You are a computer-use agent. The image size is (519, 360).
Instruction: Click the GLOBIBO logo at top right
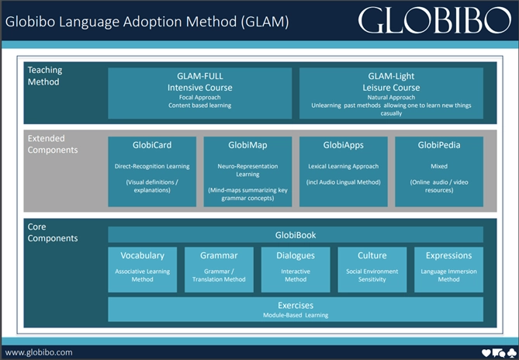[434, 20]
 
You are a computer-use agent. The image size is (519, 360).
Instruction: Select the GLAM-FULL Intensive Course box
[200, 92]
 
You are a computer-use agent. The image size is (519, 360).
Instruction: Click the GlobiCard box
[152, 171]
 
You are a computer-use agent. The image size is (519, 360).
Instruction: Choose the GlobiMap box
[247, 171]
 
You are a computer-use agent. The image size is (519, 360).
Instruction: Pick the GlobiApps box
[343, 171]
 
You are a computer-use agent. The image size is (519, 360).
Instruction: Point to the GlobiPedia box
[438, 171]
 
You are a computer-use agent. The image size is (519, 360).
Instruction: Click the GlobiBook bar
[295, 234]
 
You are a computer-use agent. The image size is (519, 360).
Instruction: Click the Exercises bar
[295, 309]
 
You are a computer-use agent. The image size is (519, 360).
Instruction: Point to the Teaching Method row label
[45, 75]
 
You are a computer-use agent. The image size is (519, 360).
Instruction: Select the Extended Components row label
[53, 144]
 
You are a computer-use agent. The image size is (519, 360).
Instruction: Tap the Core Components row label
[53, 232]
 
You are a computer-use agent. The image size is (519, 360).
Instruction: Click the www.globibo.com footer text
[39, 351]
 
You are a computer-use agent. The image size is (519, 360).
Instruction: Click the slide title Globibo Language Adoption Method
[147, 21]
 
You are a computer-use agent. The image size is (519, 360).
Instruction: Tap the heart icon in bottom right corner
[486, 352]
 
